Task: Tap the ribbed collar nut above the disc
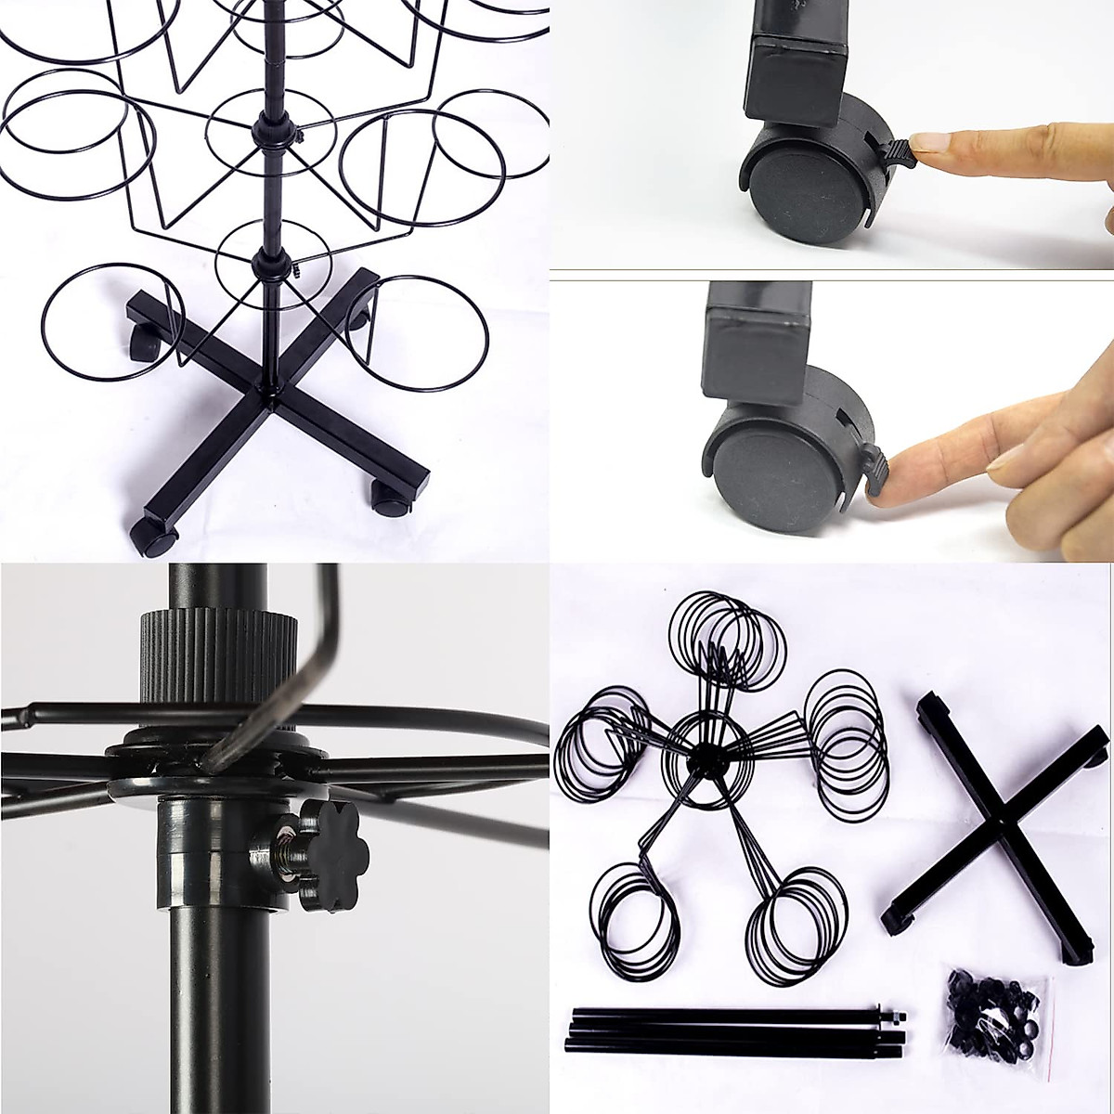pyautogui.click(x=221, y=668)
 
